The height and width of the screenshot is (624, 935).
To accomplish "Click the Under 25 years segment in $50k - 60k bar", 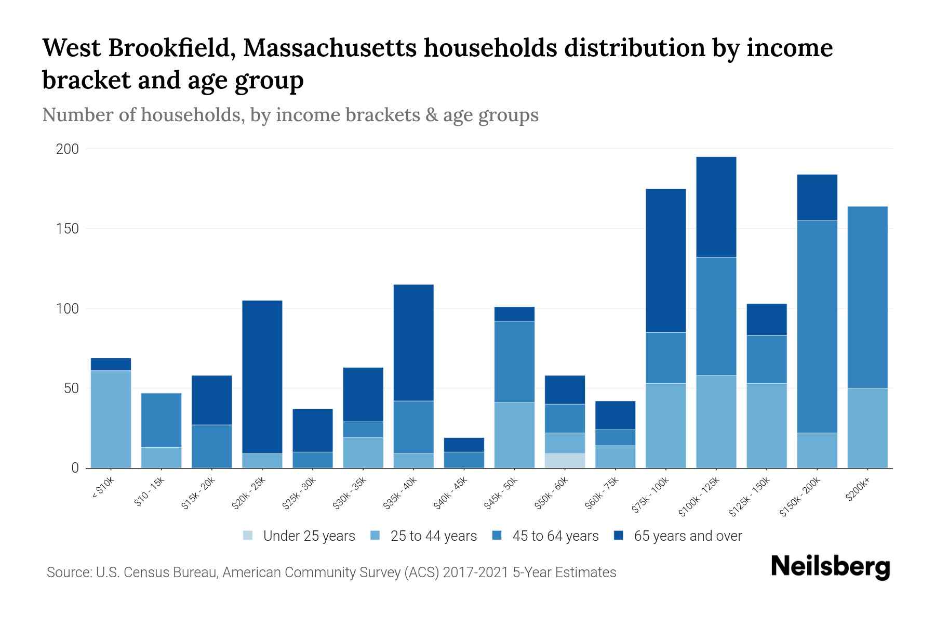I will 565,461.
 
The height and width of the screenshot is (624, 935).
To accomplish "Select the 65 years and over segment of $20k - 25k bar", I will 262,377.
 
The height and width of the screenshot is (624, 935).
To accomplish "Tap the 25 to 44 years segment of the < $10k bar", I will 111,419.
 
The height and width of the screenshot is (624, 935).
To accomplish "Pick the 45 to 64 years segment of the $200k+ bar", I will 867,297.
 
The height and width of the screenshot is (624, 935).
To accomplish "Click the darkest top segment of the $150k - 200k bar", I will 817,198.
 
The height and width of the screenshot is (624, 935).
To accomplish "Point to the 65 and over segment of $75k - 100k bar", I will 665,261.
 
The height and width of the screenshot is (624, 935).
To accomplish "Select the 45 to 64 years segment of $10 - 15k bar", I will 161,420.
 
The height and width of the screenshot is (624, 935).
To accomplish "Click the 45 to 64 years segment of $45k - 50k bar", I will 514,362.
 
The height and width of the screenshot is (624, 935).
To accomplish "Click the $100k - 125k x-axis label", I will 700,497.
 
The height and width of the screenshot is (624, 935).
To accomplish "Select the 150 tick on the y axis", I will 68,229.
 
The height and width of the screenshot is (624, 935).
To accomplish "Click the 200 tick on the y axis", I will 68,149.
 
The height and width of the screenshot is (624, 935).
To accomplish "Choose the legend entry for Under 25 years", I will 309,536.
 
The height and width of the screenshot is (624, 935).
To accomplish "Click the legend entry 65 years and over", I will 687,536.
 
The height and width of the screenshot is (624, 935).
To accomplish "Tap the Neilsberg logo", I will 830,567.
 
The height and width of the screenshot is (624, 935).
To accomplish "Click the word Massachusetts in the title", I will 329,48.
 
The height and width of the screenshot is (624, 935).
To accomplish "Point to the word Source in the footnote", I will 68,573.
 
